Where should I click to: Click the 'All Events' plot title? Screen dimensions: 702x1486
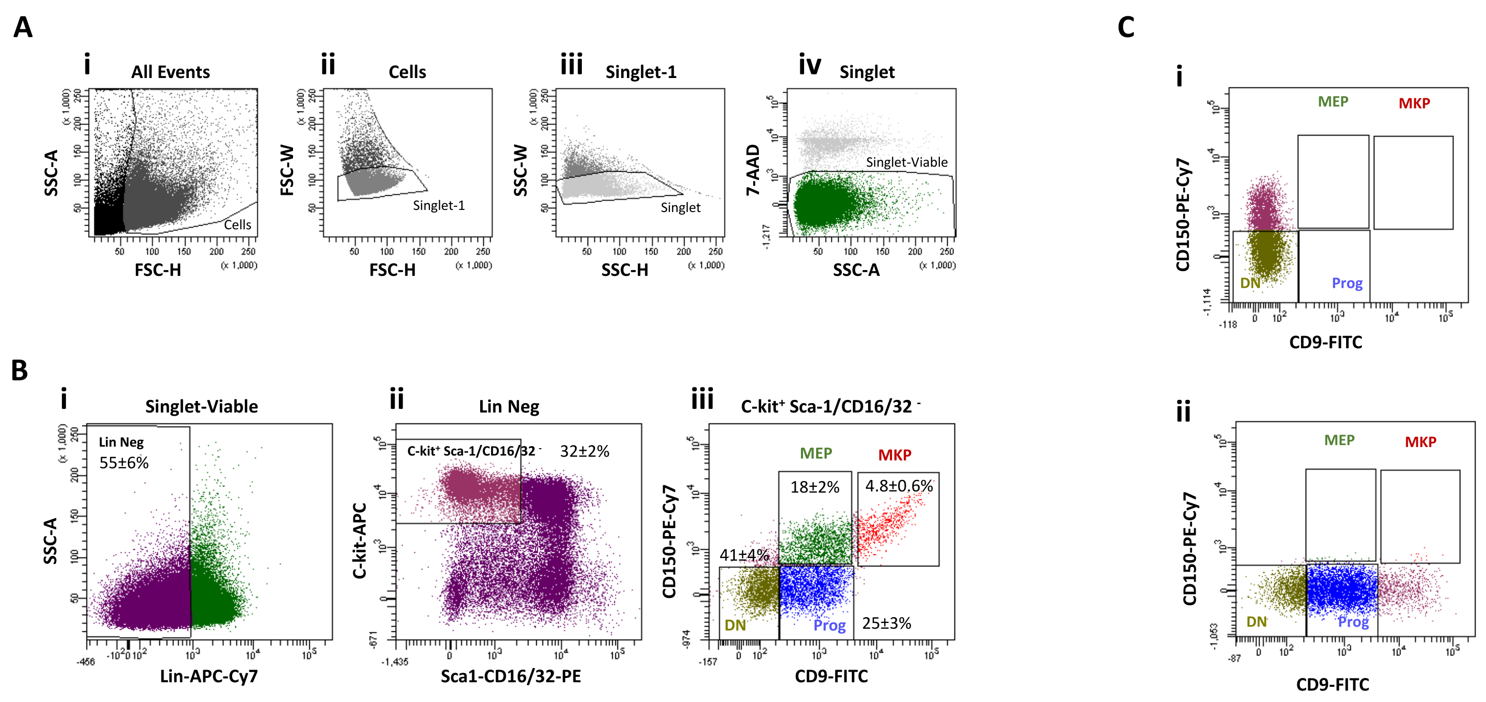click(170, 72)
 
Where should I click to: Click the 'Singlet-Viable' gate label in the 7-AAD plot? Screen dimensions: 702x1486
click(906, 162)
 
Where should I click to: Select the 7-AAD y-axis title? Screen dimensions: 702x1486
click(753, 170)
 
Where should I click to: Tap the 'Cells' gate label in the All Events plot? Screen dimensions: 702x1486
click(237, 225)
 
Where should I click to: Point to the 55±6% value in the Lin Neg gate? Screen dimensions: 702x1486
click(124, 463)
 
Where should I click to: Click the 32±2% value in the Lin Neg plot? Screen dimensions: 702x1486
click(584, 451)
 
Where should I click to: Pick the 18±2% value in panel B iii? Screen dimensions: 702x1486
click(815, 487)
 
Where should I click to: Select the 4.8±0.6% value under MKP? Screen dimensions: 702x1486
click(898, 486)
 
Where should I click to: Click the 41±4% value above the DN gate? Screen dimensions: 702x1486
click(744, 555)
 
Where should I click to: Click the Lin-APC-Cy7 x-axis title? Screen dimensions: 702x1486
click(209, 676)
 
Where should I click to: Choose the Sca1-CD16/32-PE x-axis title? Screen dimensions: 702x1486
click(511, 676)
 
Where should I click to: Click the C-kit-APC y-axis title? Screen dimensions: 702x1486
click(360, 541)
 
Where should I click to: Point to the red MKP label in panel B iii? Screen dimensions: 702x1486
click(894, 455)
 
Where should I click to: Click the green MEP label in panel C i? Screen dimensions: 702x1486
click(1332, 102)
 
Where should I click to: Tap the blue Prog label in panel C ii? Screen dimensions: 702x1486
click(1353, 622)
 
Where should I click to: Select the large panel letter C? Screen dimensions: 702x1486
click(1125, 27)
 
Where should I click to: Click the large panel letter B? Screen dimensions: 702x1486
click(19, 370)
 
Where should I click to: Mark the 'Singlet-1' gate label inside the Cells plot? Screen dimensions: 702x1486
click(438, 206)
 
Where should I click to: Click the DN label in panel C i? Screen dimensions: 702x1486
click(1250, 283)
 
